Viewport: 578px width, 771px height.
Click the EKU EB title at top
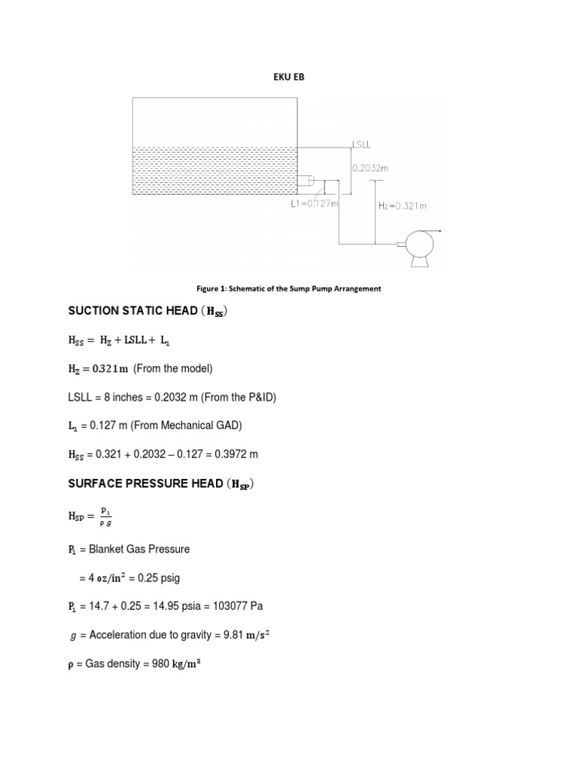pyautogui.click(x=289, y=77)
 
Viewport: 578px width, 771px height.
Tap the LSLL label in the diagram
pyautogui.click(x=362, y=143)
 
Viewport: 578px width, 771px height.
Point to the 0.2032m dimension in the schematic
pyautogui.click(x=370, y=169)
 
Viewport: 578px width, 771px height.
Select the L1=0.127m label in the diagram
pyautogui.click(x=315, y=203)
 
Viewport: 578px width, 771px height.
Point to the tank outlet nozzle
pyautogui.click(x=306, y=181)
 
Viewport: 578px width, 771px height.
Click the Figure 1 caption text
pyautogui.click(x=289, y=288)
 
